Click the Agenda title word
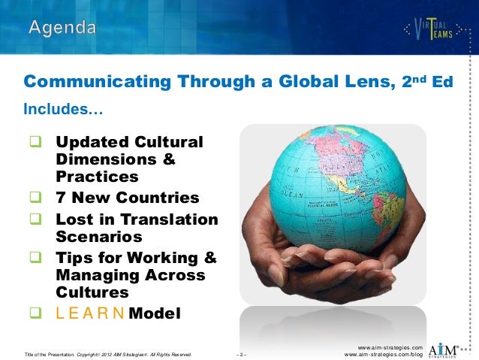tap(62, 29)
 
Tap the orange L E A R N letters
tap(90, 312)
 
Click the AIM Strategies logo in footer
tap(449, 349)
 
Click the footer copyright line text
tap(108, 353)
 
